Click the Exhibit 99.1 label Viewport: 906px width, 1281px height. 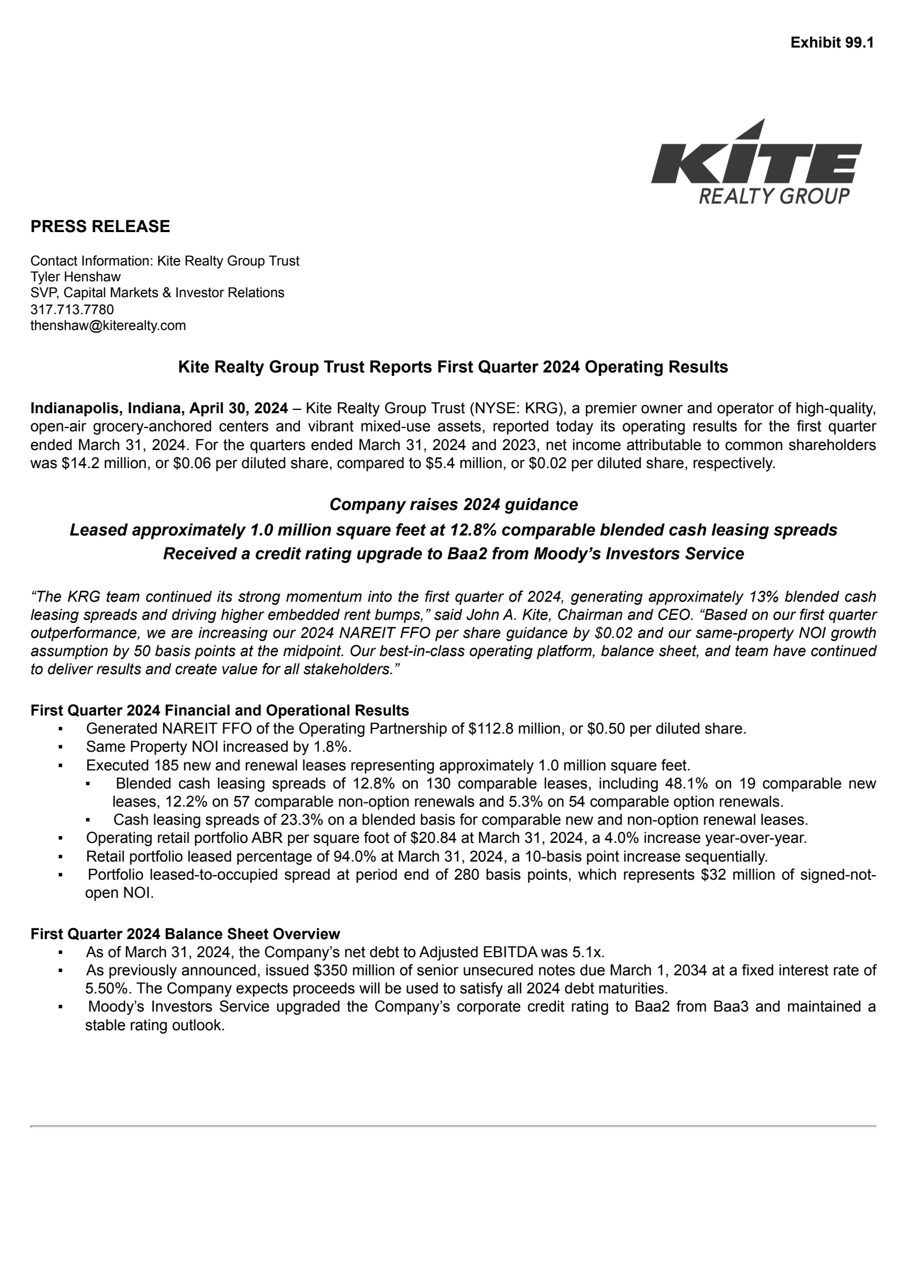click(x=832, y=42)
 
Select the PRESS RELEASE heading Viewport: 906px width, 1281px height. click(x=100, y=226)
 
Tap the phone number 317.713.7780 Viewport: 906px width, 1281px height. click(x=72, y=310)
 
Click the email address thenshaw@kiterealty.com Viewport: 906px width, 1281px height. click(x=108, y=325)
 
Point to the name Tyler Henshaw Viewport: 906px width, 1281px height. click(x=75, y=277)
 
